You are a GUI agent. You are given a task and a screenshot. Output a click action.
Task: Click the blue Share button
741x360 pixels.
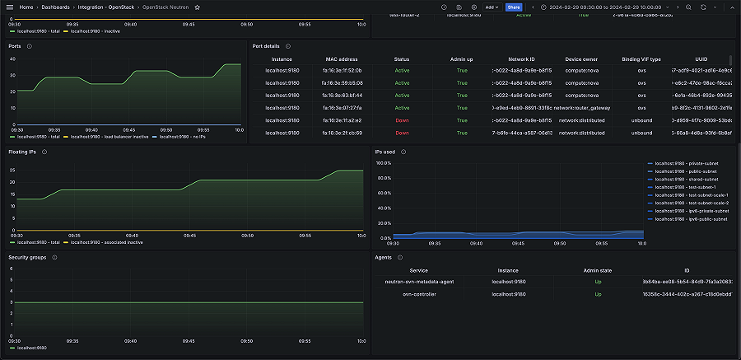coord(514,7)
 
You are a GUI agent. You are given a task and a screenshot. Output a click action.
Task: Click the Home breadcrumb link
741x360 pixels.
coord(26,7)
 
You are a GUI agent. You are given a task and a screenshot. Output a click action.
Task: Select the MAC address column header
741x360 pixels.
coord(341,58)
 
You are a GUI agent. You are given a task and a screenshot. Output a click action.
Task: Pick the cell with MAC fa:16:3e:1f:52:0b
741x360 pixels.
coord(341,70)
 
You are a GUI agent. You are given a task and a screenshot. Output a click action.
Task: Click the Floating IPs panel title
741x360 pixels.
coord(22,152)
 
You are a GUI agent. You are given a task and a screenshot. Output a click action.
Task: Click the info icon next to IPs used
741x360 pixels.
coord(404,152)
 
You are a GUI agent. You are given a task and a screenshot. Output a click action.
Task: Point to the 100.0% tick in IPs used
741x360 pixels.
coord(383,163)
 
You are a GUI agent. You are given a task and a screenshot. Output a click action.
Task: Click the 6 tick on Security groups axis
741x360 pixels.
coord(11,269)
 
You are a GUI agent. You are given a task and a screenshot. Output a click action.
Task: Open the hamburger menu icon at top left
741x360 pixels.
coord(11,7)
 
